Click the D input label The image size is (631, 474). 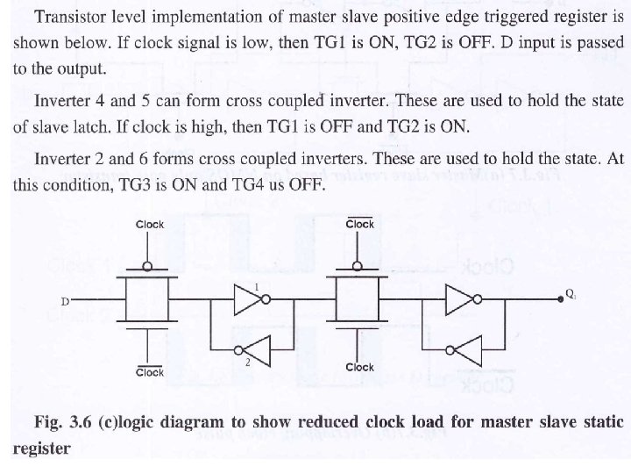coord(64,302)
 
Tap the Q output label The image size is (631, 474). coord(571,295)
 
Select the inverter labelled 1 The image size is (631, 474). coord(245,302)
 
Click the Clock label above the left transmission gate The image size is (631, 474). coord(150,225)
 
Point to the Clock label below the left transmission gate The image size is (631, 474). coord(150,372)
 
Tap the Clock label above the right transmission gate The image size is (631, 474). coord(360,225)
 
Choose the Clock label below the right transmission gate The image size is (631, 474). coord(360,367)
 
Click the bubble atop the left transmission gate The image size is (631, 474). coord(150,267)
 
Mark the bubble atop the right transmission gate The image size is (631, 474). coord(360,267)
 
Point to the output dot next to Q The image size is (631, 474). coord(561,301)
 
